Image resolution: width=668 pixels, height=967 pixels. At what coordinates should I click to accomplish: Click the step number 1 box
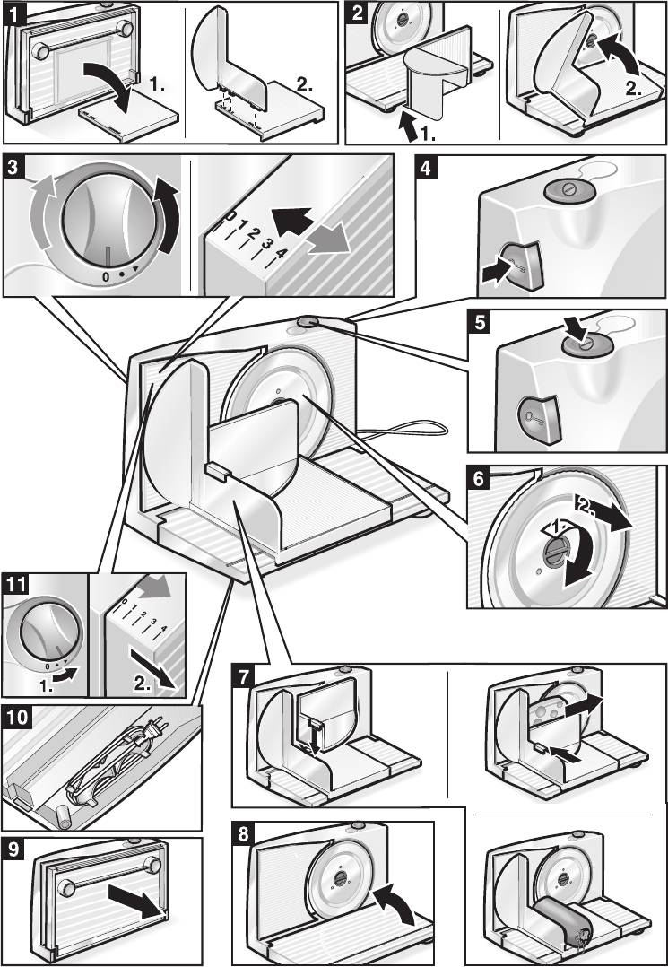[x=13, y=13]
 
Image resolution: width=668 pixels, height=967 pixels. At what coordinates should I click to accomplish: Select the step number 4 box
[x=428, y=168]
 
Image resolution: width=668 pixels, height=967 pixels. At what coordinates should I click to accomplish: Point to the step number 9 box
[x=14, y=846]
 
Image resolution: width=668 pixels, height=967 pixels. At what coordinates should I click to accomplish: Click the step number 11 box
[x=14, y=584]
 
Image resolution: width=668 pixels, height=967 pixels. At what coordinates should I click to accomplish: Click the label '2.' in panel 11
[x=143, y=684]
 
